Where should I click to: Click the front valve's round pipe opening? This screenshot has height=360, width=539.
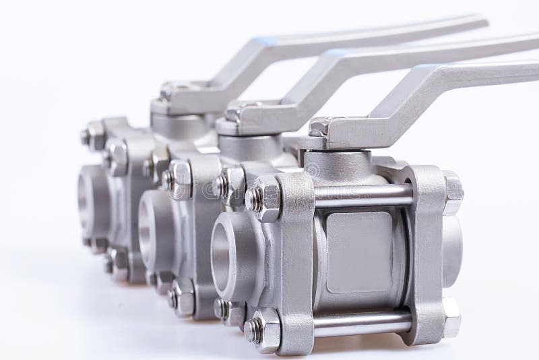(228, 252)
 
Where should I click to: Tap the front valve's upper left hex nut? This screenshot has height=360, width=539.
(264, 198)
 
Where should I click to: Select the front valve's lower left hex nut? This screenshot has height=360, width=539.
(263, 330)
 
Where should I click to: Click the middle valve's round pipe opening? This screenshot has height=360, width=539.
(150, 227)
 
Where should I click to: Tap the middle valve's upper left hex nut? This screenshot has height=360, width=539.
(179, 179)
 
